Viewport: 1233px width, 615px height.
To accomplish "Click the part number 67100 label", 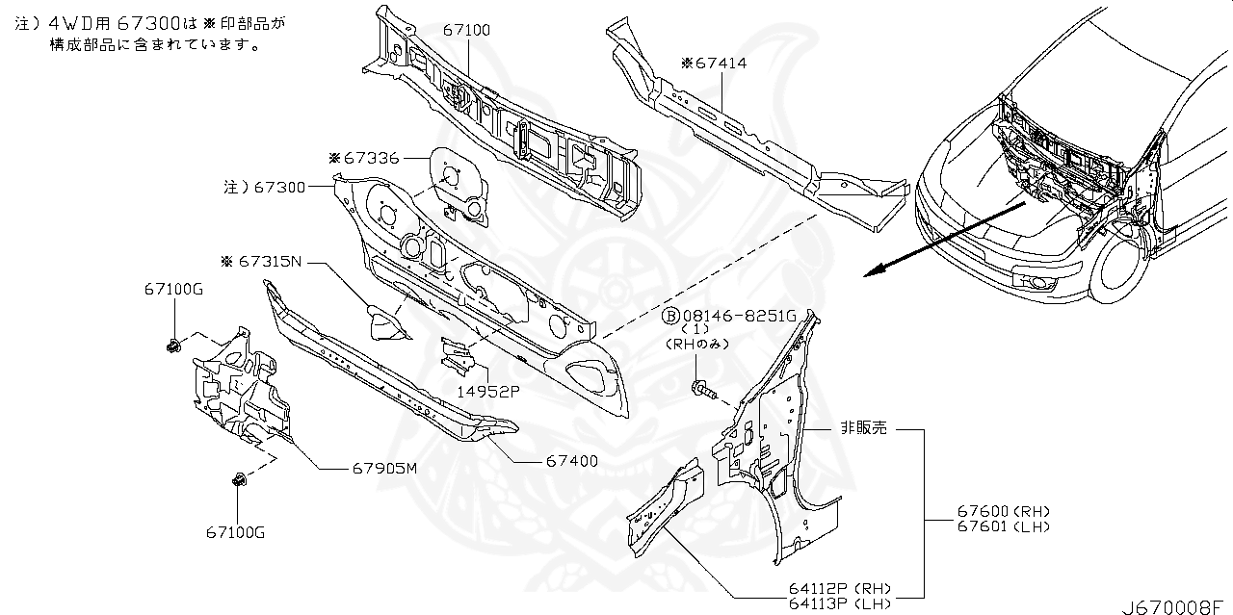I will (466, 31).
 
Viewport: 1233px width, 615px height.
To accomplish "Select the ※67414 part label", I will (714, 64).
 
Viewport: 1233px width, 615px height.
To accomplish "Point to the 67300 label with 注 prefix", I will (265, 188).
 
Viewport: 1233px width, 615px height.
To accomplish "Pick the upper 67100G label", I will (174, 289).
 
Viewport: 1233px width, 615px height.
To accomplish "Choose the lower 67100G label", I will (235, 531).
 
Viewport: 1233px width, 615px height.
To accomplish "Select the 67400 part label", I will (571, 462).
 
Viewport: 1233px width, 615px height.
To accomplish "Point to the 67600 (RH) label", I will (1003, 511).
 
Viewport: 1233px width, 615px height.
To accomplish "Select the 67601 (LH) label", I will (1003, 525).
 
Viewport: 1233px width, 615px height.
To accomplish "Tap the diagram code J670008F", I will (1176, 605).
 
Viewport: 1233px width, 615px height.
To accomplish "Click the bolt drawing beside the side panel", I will (703, 390).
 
